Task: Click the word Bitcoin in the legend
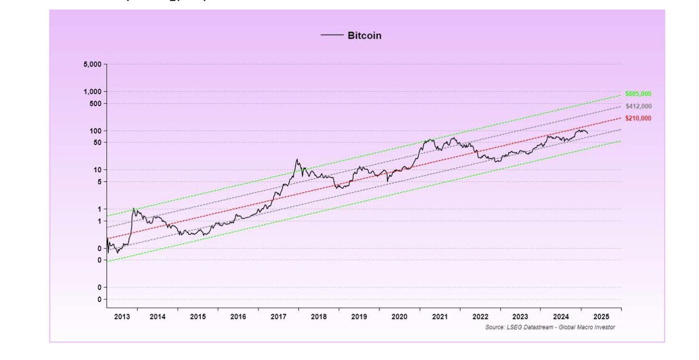click(364, 36)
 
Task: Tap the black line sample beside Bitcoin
click(332, 36)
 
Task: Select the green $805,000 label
click(638, 94)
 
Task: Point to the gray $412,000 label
click(638, 106)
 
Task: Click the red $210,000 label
click(638, 118)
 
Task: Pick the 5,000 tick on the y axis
click(92, 64)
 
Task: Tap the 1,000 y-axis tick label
click(92, 92)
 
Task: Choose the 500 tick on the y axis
click(96, 104)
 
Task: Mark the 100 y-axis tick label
click(96, 131)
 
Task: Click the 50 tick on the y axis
click(97, 143)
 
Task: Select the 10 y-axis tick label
click(97, 170)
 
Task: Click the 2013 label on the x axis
click(122, 316)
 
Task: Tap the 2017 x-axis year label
click(278, 316)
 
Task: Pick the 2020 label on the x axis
click(399, 316)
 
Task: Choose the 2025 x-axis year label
click(601, 316)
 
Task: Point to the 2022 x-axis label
click(480, 316)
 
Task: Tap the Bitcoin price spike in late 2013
click(134, 209)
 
